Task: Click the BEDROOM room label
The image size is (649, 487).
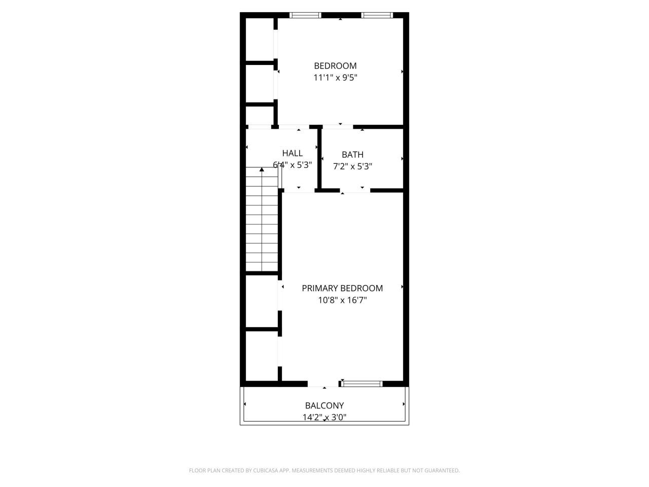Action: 335,65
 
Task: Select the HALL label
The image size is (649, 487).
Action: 293,153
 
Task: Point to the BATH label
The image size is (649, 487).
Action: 352,155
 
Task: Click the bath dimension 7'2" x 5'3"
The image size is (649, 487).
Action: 352,166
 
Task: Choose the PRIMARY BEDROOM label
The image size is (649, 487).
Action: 342,288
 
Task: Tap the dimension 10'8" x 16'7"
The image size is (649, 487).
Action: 342,300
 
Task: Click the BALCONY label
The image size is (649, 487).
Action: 324,405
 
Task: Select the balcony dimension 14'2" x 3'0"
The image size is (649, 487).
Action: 324,417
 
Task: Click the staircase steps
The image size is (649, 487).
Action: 262,223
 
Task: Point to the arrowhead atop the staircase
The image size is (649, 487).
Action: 262,169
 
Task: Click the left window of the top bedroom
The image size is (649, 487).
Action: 305,15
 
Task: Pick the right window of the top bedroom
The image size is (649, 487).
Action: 377,15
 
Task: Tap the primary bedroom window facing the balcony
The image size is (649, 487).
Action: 362,384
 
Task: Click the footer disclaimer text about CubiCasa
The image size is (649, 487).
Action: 324,470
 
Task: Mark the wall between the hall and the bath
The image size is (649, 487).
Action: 319,158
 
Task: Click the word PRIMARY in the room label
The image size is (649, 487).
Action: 320,288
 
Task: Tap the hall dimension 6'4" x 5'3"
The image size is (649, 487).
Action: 293,165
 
